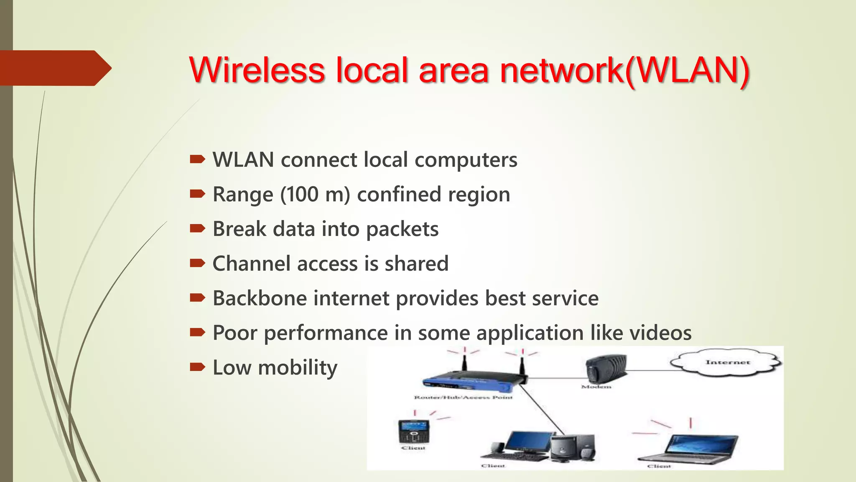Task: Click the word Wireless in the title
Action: [257, 69]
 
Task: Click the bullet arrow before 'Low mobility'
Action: [197, 367]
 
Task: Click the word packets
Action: [402, 229]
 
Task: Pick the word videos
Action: [660, 333]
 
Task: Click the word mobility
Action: [297, 368]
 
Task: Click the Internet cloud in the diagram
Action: [726, 362]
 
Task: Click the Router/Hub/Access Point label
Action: [463, 397]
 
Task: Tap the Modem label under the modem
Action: [596, 387]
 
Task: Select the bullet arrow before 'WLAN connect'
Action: [197, 159]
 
